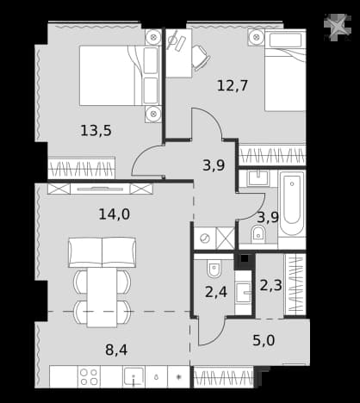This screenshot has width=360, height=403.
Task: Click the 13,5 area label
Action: tap(96, 131)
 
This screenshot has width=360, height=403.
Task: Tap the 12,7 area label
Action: tap(233, 85)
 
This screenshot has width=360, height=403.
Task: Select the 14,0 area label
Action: tap(115, 214)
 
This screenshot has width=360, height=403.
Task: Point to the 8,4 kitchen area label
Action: tap(116, 350)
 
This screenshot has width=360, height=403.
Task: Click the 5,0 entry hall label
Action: tap(264, 340)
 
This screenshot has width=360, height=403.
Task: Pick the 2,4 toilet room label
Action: tap(216, 292)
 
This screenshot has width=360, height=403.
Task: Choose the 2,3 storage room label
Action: tap(270, 285)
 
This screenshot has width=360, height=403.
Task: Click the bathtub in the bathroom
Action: tap(292, 203)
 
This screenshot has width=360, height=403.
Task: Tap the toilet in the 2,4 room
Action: tap(214, 270)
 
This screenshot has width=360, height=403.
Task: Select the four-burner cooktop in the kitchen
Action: tap(89, 376)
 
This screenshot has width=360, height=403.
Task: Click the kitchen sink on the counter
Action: tap(133, 376)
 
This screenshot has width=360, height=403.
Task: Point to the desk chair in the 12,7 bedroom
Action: tap(201, 58)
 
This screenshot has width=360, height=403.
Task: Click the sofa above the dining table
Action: tap(102, 252)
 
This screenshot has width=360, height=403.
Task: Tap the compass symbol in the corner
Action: tap(338, 28)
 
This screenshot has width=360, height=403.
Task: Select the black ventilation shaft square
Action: tap(245, 259)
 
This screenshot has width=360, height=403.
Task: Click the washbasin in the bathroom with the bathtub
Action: tap(258, 178)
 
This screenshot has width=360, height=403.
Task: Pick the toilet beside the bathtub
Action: tap(258, 234)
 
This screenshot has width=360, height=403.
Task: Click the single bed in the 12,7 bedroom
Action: tap(285, 71)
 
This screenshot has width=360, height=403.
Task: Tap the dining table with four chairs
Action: tap(102, 297)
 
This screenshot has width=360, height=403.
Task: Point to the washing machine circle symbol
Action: tap(205, 239)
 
